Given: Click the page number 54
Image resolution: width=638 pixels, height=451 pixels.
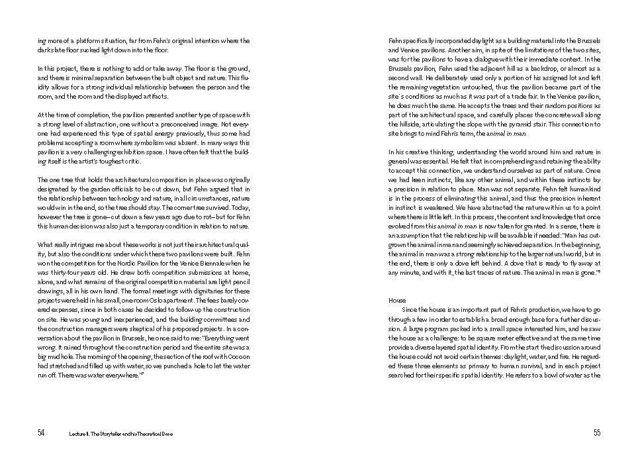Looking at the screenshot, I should pyautogui.click(x=41, y=433).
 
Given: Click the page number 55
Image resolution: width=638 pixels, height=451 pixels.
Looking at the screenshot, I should pyautogui.click(x=597, y=433).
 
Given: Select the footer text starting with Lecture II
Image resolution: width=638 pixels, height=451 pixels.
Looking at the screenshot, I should pyautogui.click(x=119, y=434).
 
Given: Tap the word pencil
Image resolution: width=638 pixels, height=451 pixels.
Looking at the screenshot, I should pyautogui.click(x=240, y=281).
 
